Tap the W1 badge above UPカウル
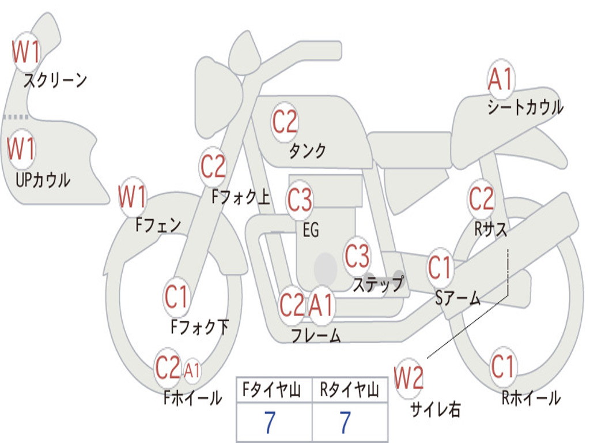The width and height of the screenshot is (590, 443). coord(21,149)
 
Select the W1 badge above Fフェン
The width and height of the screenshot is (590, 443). coord(132,197)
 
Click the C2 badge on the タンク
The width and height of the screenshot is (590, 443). coord(285,122)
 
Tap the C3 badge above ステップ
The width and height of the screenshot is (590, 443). coord(357,256)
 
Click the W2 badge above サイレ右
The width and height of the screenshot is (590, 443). coord(409,378)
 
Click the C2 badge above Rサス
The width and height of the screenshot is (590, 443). coord(481,198)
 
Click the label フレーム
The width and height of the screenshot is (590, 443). coord(316,336)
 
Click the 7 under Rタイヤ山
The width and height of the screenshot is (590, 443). coord(346,423)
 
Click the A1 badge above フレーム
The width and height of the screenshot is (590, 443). coord(322,305)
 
